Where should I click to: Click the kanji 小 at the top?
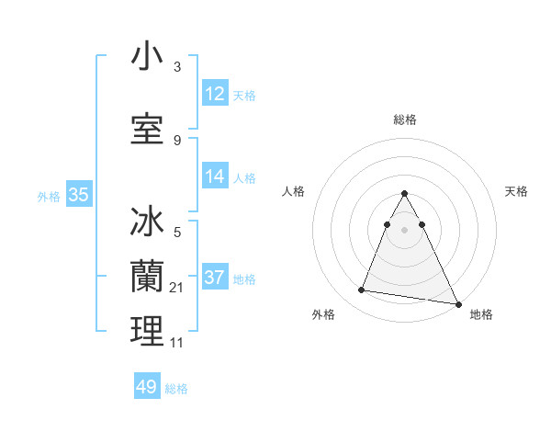(x=147, y=57)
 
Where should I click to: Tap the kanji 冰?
(x=147, y=222)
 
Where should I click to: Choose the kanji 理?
(x=147, y=331)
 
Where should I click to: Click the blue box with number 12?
(x=215, y=94)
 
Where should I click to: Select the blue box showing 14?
(x=215, y=177)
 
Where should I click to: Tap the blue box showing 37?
(x=215, y=278)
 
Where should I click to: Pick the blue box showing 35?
(x=78, y=195)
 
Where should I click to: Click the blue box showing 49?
(x=147, y=387)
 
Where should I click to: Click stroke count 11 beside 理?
(x=177, y=342)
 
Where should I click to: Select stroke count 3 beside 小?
(x=177, y=67)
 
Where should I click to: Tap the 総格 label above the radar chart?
(x=405, y=119)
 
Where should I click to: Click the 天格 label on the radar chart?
(x=517, y=191)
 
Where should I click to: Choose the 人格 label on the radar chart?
(x=293, y=191)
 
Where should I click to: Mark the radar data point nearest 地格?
(x=457, y=303)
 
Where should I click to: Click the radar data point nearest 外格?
(x=362, y=290)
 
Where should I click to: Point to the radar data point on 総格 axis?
(x=405, y=194)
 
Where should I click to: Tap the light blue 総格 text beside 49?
(x=176, y=389)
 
